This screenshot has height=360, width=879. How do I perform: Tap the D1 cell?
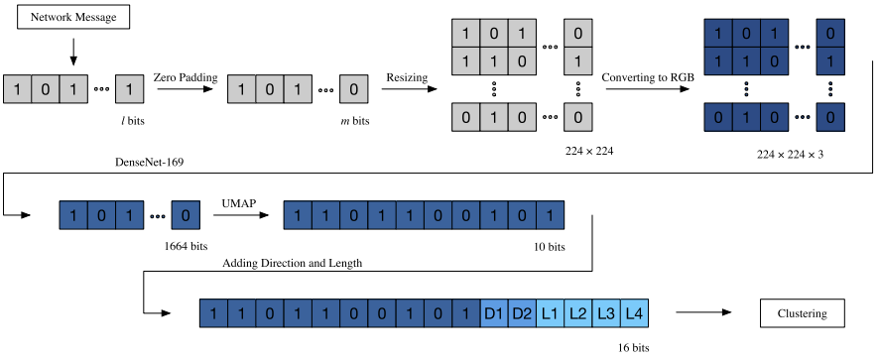493,313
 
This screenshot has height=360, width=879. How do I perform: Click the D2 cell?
521,313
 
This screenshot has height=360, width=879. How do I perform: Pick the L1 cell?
550,313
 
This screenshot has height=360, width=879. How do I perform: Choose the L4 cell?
633,313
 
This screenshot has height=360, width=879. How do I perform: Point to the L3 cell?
605,313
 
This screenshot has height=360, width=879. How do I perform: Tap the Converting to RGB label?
648,76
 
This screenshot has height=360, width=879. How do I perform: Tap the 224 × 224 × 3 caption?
789,155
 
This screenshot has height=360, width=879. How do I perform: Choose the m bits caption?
354,120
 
